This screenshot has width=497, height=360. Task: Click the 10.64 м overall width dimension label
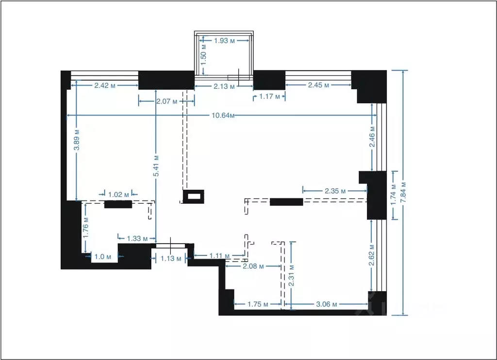223,115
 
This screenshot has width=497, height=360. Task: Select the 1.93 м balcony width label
225,41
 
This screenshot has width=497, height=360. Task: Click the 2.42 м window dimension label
105,85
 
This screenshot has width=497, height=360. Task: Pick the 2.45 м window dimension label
318,85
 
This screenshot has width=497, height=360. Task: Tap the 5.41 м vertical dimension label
156,166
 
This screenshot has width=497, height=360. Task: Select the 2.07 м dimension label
167,101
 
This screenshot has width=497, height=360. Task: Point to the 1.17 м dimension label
270,97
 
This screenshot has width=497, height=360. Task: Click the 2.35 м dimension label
335,191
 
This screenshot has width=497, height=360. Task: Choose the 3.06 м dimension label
327,304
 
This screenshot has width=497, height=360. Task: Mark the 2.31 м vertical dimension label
292,276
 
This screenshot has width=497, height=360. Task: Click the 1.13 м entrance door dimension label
171,258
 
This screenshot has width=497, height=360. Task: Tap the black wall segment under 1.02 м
118,204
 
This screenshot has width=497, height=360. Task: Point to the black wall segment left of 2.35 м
286,202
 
